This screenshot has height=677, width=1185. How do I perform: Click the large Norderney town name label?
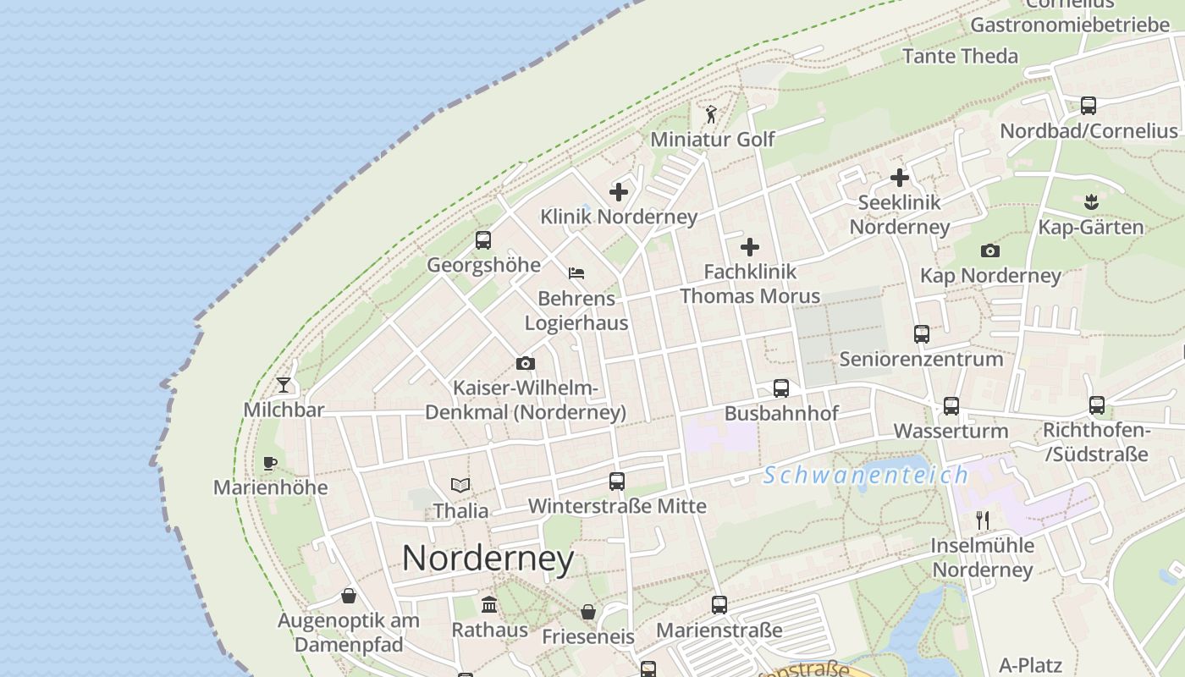[488, 559]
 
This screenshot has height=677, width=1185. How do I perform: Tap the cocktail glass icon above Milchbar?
[284, 385]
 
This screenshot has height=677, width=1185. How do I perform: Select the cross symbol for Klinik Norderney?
[619, 192]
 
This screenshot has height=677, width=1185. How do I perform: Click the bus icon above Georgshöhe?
[483, 240]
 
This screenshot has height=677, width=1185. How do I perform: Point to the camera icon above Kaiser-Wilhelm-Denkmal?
[526, 364]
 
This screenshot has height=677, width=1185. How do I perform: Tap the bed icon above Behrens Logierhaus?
[576, 273]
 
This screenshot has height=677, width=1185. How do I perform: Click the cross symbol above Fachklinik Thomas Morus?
[750, 247]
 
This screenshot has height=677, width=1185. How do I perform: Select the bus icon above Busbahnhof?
[781, 388]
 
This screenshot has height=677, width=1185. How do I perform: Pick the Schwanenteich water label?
[866, 475]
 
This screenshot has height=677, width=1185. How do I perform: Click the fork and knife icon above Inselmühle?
[983, 520]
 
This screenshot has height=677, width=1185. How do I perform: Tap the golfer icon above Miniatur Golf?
[712, 114]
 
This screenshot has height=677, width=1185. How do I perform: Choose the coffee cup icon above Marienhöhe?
[270, 463]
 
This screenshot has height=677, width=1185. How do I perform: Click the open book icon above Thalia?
[460, 486]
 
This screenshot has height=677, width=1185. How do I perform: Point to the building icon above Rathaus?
[489, 605]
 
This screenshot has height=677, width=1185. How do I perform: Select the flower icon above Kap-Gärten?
[1091, 202]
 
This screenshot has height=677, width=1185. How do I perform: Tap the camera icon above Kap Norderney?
[990, 250]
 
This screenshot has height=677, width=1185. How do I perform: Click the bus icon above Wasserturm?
[951, 406]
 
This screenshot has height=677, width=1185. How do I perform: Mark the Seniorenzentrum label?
[921, 359]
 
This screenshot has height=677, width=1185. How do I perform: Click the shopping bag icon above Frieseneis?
[588, 612]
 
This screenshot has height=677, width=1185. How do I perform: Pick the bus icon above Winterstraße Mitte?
[617, 482]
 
